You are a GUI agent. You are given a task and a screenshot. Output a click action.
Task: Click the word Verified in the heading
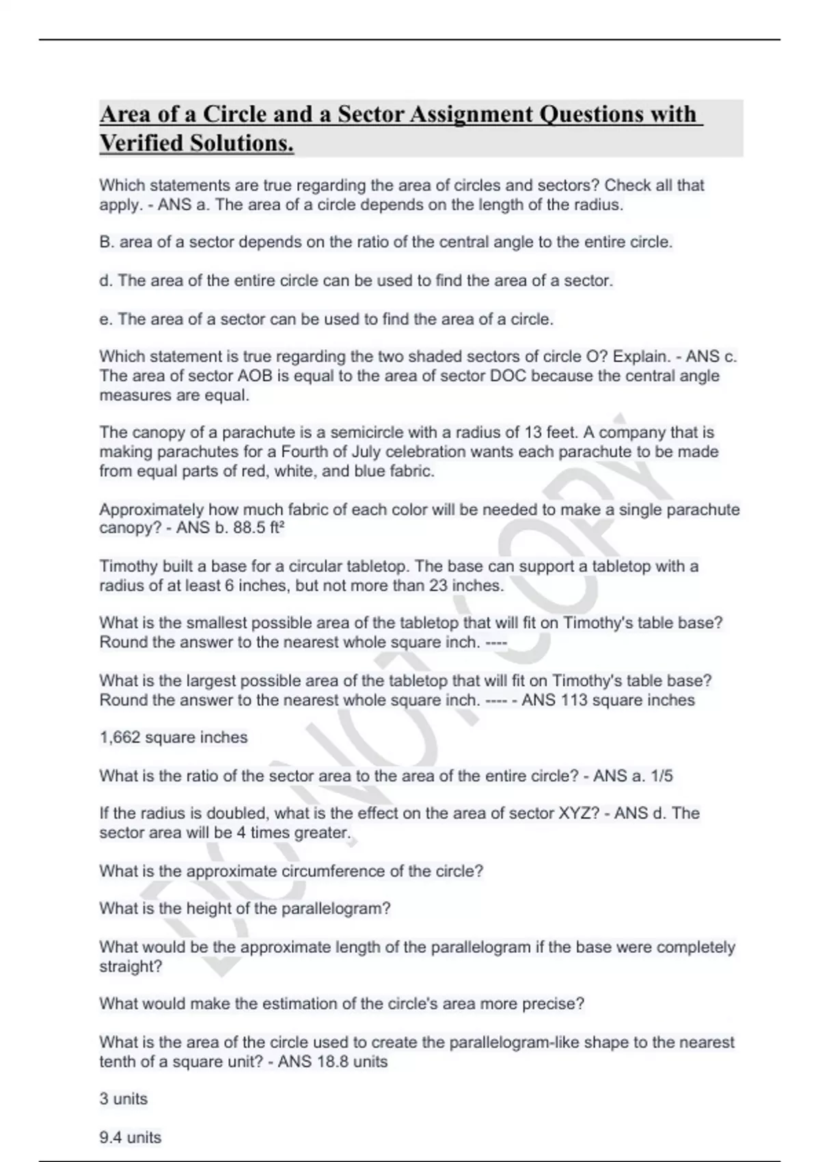[141, 144]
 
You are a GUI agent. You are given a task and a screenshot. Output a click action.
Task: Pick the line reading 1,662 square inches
[174, 738]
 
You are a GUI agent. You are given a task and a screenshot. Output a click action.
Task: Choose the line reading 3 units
[124, 1099]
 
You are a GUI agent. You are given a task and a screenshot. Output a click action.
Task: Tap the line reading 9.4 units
[131, 1137]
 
